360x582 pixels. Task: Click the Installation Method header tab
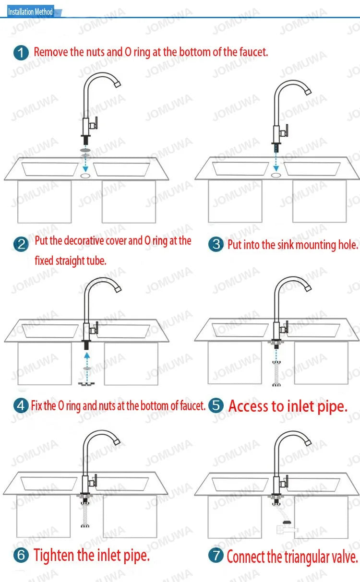pos(31,12)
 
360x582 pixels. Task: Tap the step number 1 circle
pos(21,53)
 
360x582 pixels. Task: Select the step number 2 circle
pos(21,244)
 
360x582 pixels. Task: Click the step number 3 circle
pos(216,244)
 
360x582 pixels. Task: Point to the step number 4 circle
pos(21,405)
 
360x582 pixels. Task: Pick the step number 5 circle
pos(216,405)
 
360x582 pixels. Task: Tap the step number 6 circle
pos(21,555)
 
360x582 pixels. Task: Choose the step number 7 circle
pos(216,555)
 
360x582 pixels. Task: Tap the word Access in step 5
pos(249,406)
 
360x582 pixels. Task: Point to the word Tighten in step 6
pos(54,556)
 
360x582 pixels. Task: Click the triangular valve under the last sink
pos(286,527)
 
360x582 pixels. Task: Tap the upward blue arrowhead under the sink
pos(87,355)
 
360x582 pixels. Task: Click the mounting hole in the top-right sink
pos(276,176)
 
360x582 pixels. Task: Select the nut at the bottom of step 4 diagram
pos(86,383)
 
